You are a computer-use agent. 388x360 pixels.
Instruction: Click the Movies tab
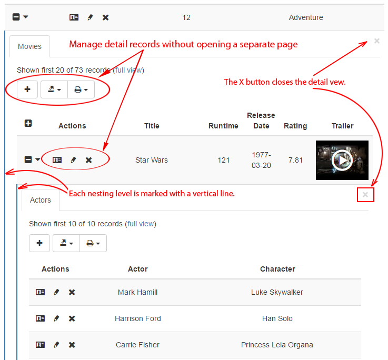coord(29,46)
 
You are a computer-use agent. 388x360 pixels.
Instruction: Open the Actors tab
coord(41,200)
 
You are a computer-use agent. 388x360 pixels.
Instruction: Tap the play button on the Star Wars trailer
coord(342,160)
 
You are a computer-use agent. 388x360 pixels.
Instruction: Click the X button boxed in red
coord(365,195)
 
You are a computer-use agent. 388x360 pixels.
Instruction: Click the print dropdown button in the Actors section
coord(93,243)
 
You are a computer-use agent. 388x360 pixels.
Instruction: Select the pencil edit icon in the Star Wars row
coord(73,160)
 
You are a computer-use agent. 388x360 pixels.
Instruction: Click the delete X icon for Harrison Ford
coord(72,318)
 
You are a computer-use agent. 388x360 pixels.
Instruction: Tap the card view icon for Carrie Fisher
coord(40,345)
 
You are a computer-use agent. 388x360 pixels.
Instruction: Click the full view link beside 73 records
coord(128,70)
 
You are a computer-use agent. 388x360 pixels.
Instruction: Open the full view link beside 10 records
coord(141,224)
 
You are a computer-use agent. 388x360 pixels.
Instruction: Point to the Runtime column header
coord(223,126)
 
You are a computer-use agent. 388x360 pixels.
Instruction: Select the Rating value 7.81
coord(295,160)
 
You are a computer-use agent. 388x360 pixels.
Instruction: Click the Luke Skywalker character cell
coord(277,292)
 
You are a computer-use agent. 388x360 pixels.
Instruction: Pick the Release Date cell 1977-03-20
coord(261,160)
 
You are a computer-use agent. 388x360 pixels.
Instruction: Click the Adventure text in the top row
coord(306,17)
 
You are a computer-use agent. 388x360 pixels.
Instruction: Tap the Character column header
coord(277,269)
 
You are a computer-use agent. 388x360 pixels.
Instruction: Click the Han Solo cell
coord(277,318)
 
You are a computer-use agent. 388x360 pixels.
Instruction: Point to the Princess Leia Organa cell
coord(277,345)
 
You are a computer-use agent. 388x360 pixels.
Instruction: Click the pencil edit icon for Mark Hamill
coord(56,292)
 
